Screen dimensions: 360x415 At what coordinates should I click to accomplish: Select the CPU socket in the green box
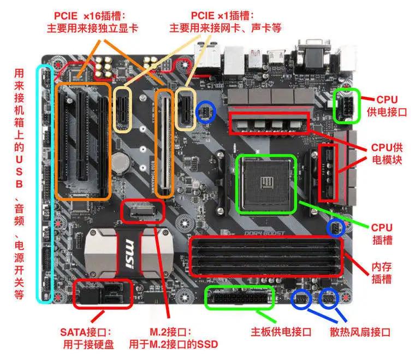[x=266, y=183]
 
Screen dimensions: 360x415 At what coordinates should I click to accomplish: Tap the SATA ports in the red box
[x=103, y=295]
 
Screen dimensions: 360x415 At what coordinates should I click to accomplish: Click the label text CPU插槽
[x=382, y=233]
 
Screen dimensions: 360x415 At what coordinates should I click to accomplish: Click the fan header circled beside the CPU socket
[x=335, y=227]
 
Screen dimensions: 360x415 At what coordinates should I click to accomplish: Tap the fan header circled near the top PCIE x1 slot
[x=206, y=112]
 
